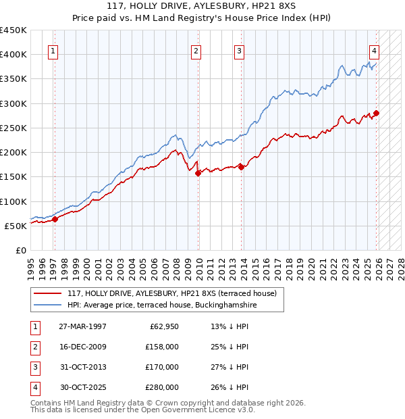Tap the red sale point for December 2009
[198, 173]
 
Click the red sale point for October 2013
[242, 167]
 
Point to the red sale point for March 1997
[55, 219]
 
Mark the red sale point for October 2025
[376, 114]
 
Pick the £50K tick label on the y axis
[16, 226]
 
